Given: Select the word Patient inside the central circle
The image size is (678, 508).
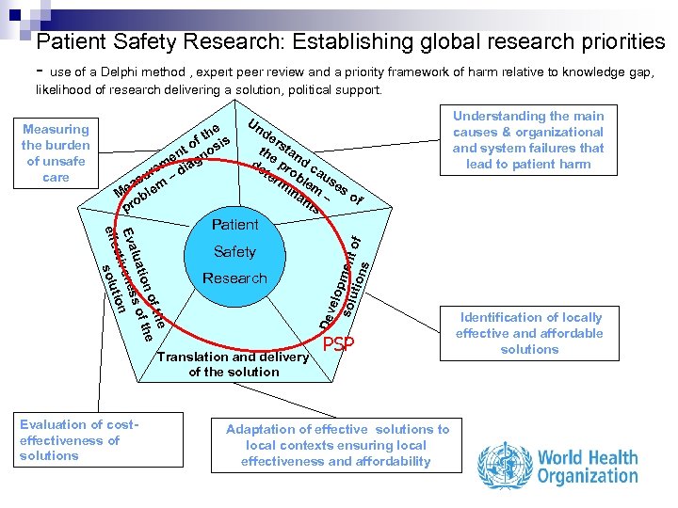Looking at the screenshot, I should tap(234, 225).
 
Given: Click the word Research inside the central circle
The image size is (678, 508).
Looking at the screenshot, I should tap(234, 278).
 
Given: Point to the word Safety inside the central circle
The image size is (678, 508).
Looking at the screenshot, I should tap(234, 252).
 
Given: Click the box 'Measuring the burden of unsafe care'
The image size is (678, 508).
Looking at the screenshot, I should tap(56, 152).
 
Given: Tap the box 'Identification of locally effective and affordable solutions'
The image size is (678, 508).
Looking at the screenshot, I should tap(529, 333).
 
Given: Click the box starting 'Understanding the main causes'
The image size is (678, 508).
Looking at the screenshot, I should tap(528, 140).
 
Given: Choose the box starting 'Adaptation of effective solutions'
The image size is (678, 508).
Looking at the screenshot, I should tap(338, 445).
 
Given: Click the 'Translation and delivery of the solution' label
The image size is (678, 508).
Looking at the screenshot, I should tap(234, 364).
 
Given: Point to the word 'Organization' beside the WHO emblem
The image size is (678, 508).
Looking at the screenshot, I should tap(587, 476).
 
